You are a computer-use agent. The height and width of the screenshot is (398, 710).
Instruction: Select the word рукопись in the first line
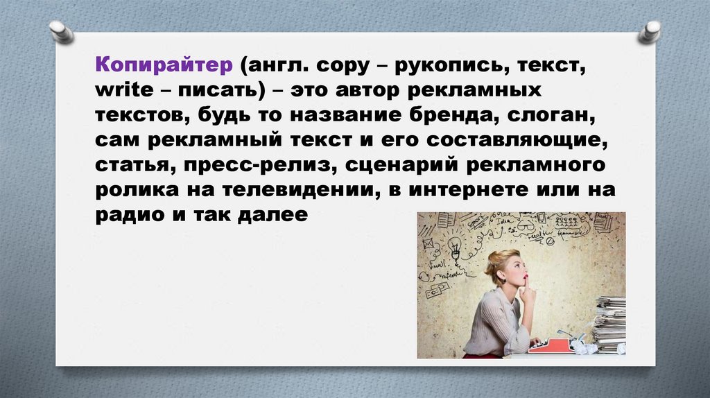pos(447,68)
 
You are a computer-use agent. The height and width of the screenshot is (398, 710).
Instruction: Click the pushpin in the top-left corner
pos(60,31)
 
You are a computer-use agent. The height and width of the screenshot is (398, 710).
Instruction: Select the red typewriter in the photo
pos(552,344)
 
